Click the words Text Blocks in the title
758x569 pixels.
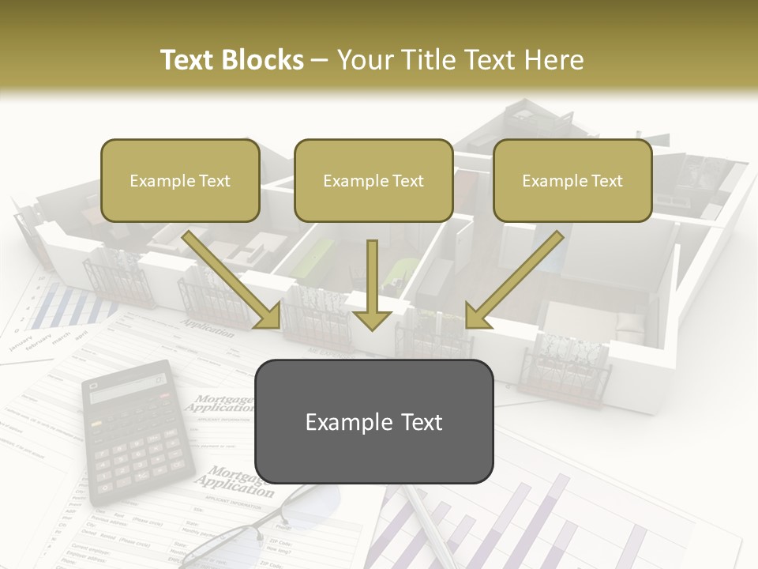point(231,60)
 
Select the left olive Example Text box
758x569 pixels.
point(180,181)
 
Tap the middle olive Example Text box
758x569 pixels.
point(373,181)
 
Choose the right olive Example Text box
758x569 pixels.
point(572,181)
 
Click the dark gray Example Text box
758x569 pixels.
point(373,422)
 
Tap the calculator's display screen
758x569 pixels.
point(126,388)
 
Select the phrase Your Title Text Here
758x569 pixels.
point(460,60)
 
